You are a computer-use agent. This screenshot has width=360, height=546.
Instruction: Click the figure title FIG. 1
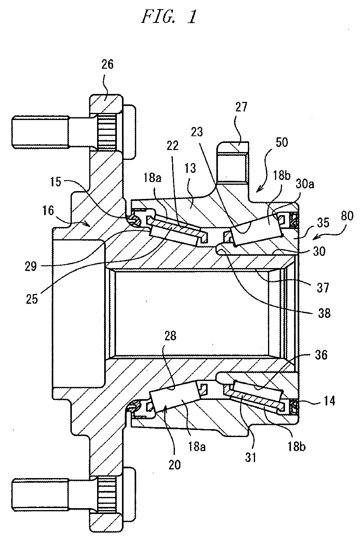pos(169,17)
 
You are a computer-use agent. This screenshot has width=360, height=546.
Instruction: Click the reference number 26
pos(107,64)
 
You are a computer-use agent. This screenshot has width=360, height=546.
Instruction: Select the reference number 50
pos(281,142)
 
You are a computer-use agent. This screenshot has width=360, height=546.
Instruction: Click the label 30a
pos(305,184)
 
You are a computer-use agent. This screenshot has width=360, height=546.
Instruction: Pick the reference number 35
pos(323,222)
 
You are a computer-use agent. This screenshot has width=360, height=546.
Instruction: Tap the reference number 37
pos(323,288)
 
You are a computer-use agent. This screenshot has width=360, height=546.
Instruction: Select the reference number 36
pos(321,355)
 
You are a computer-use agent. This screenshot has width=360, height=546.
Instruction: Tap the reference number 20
pos(174,465)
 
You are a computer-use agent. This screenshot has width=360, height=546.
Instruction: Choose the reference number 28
pos(170,336)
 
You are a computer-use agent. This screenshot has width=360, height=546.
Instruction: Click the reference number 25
pos(32,299)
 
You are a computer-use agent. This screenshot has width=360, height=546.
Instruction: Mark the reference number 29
pos(31,266)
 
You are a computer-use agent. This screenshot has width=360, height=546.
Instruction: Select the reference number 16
pos(48,210)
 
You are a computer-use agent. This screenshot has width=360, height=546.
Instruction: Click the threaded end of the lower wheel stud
pos(40,494)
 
